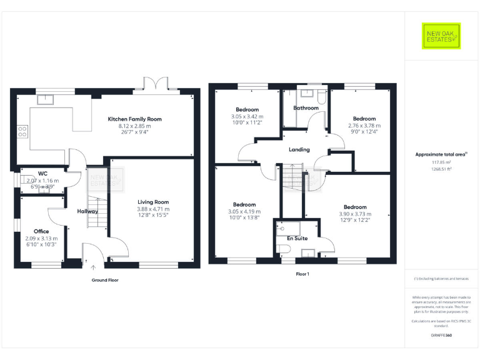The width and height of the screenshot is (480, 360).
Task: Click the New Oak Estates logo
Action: click(x=441, y=36)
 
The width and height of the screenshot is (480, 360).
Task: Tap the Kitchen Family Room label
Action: click(x=134, y=119)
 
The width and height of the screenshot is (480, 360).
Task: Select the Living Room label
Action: click(x=153, y=202)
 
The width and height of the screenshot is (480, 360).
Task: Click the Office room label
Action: click(x=41, y=231)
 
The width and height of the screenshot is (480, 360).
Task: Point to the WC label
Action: click(x=42, y=173)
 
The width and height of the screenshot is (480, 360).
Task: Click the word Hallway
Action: click(x=87, y=211)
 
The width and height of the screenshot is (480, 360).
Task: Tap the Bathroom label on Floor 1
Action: click(x=306, y=108)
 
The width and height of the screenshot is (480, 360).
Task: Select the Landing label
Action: click(x=299, y=149)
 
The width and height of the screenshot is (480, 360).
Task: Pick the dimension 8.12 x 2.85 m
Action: click(x=134, y=126)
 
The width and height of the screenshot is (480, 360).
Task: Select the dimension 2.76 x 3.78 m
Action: click(x=364, y=126)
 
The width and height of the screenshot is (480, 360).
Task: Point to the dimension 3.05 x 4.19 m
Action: click(x=244, y=212)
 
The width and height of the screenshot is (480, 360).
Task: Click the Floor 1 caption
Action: click(x=302, y=274)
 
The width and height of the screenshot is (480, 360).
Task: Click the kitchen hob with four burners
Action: click(x=22, y=131)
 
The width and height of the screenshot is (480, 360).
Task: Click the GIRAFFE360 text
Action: click(x=441, y=336)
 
